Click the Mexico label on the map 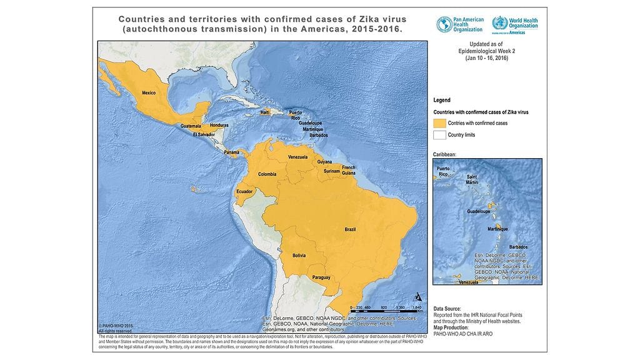point(149,92)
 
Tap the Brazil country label point(350,230)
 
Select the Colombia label point(267,174)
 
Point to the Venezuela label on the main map point(297,157)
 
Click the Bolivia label point(299,255)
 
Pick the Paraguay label point(321,277)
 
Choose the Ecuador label point(244,191)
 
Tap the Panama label point(232,152)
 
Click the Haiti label point(265,112)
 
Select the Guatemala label point(191,126)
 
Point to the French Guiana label point(348,170)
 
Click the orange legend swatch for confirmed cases point(439,123)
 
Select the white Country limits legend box point(439,135)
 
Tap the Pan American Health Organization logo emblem point(444,24)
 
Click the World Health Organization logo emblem point(499,24)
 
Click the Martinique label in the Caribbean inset point(497,229)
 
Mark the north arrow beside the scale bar point(417,297)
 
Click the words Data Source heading point(447,309)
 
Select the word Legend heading point(442,100)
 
